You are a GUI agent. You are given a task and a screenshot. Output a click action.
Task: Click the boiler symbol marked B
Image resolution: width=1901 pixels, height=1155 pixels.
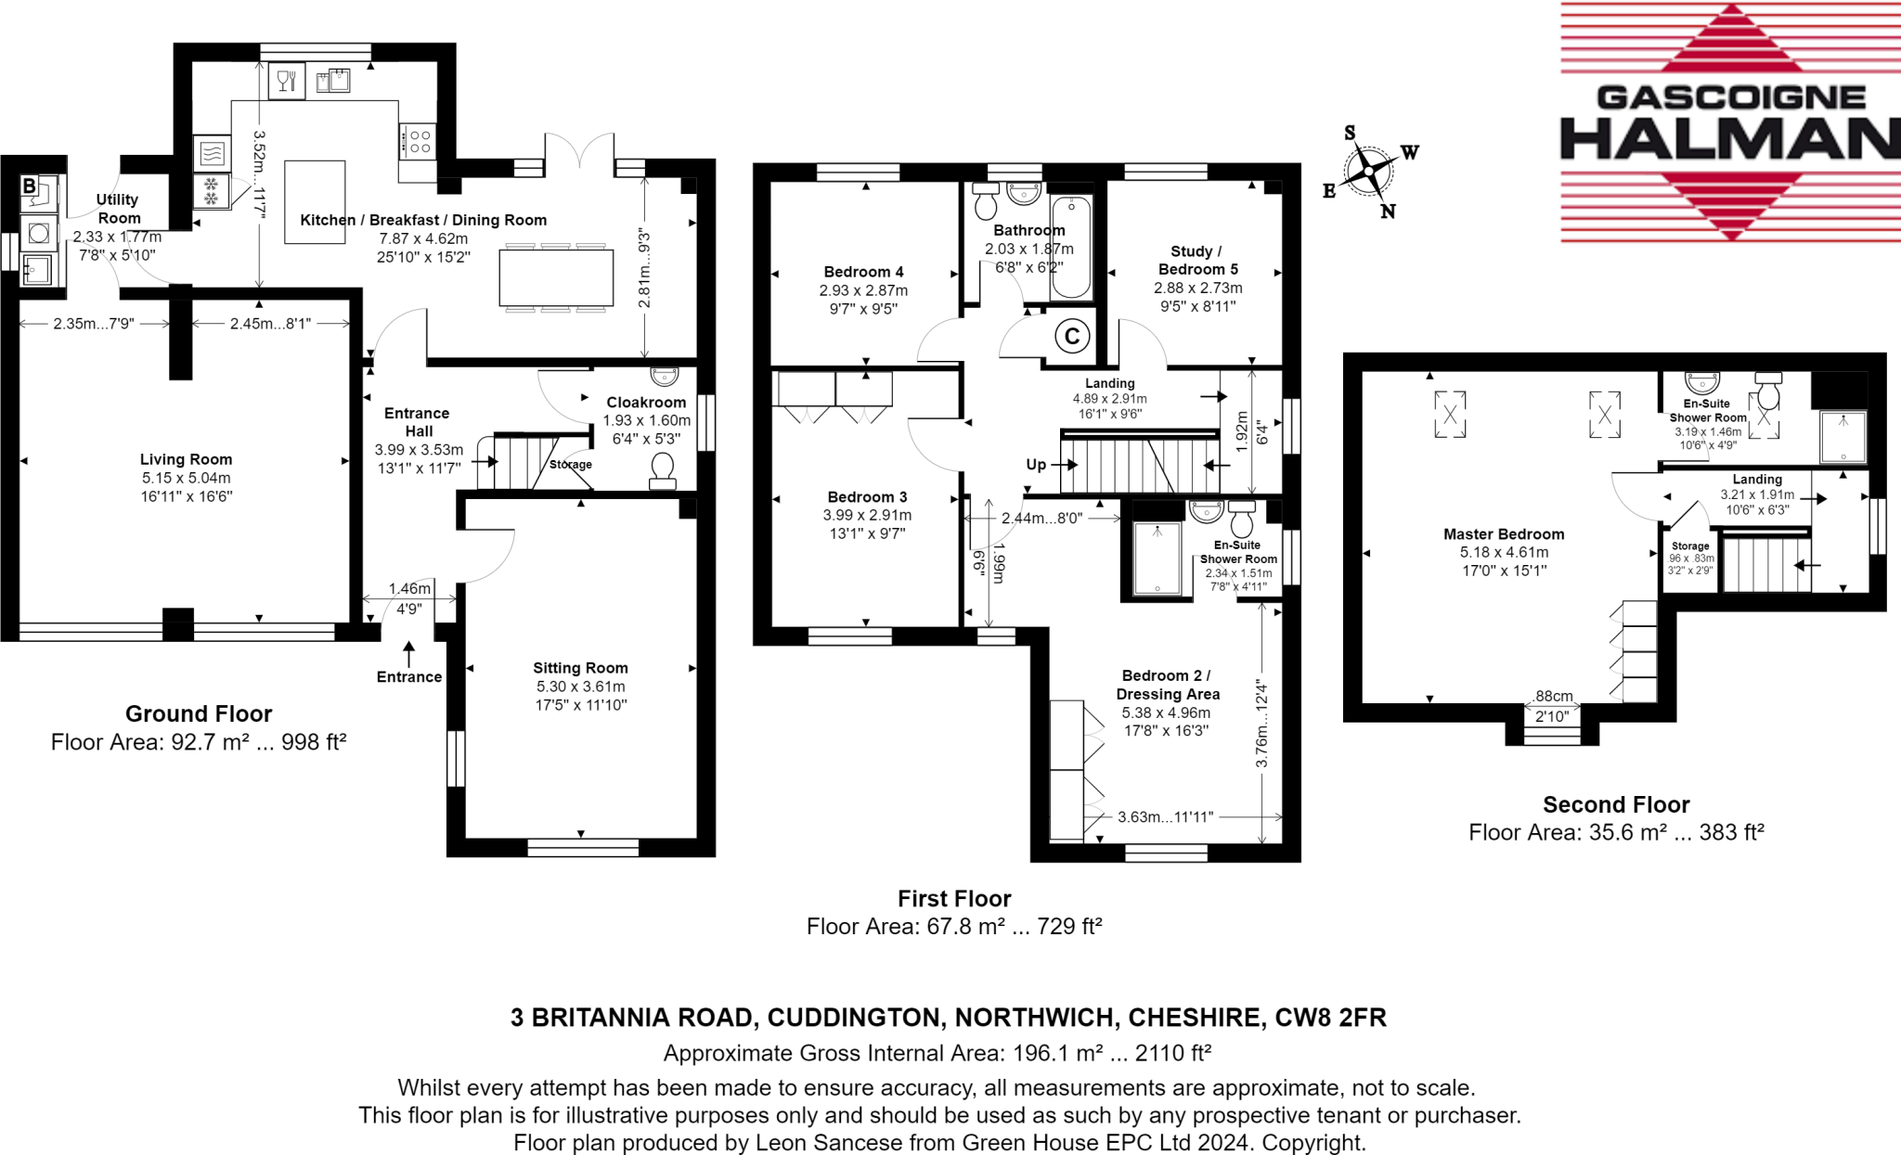point(30,186)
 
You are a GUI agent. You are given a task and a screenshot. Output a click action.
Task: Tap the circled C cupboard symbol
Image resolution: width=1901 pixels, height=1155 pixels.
point(1072,337)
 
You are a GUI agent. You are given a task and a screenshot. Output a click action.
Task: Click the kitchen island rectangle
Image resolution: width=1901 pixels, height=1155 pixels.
point(315,202)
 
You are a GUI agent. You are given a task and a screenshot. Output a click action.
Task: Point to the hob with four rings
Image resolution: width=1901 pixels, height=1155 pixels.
point(420,142)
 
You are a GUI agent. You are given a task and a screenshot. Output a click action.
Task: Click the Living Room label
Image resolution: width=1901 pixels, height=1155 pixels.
point(186,459)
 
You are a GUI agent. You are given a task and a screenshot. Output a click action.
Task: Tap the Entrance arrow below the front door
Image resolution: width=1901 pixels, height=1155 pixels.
point(408,653)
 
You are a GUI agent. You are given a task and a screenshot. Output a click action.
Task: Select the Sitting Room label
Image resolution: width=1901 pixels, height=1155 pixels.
point(580,668)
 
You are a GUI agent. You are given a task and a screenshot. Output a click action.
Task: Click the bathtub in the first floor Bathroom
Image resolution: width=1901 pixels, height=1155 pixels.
point(1071,247)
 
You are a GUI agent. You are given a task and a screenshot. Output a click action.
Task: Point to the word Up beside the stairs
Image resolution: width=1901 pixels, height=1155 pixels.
point(1036,465)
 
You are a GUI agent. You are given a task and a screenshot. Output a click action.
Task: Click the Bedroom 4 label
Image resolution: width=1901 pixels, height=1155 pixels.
point(863,272)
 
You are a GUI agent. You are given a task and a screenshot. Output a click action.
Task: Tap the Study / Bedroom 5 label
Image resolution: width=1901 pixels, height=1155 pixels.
point(1197,260)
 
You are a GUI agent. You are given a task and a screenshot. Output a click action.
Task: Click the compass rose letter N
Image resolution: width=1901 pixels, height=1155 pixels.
point(1388,212)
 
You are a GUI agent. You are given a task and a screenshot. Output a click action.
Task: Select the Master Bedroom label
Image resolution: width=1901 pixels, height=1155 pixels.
point(1504,534)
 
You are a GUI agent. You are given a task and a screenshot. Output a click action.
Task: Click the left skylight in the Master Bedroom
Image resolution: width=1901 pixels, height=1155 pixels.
point(1449,414)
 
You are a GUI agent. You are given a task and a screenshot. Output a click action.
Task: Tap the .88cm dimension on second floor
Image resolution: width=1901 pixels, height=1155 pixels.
point(1553,696)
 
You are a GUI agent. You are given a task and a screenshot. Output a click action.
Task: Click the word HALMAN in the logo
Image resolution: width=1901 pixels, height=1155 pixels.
point(1728,139)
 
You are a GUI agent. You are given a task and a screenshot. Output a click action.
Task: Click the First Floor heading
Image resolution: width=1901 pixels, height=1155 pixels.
point(954,898)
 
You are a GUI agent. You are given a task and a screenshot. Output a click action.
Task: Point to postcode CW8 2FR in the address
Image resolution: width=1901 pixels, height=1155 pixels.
point(1330,1018)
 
